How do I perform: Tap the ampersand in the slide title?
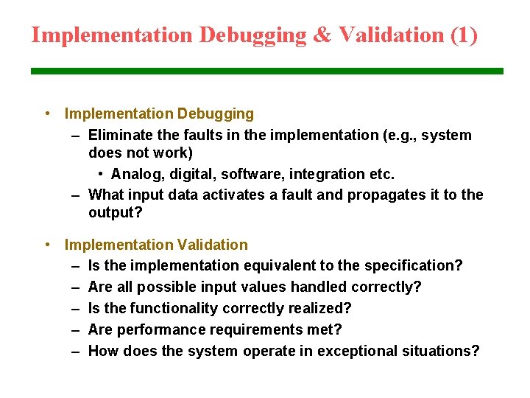[322, 35]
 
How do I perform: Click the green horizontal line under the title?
[266, 71]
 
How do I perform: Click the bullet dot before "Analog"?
[100, 174]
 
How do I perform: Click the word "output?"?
[115, 212]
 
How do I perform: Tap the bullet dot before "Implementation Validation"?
[46, 244]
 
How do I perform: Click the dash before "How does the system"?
[76, 351]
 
